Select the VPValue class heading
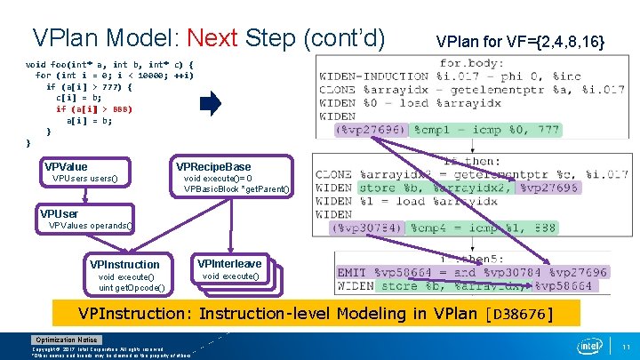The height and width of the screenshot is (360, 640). click(66, 167)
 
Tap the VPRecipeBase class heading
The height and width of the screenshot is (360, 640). click(213, 166)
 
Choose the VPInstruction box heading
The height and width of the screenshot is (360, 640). click(124, 264)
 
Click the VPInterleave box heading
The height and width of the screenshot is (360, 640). click(229, 264)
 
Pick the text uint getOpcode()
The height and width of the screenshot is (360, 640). click(132, 286)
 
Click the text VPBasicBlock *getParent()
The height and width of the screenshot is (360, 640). click(236, 188)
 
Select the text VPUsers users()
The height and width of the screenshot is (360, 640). click(84, 179)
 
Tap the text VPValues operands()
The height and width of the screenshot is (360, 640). click(91, 225)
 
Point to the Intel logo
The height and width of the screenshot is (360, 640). click(589, 345)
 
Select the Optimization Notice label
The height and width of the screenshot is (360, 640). click(67, 340)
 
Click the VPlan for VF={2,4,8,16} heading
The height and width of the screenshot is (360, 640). click(520, 42)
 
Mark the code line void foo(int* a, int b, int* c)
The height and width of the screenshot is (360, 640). click(108, 65)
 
